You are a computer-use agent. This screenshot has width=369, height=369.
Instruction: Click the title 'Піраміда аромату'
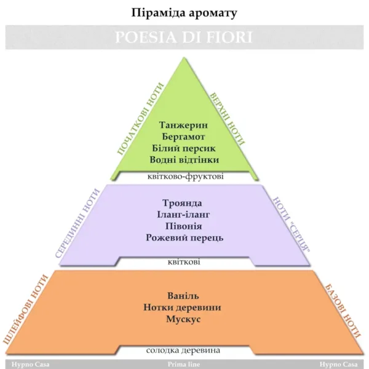184,12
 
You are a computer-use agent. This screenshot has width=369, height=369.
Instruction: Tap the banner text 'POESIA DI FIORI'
184,37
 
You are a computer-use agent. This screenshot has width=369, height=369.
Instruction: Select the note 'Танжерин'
184,124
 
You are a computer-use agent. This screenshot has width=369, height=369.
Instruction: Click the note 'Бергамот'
184,136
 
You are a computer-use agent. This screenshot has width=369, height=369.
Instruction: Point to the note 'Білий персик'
184,148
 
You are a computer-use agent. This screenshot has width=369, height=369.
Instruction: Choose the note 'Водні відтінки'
184,160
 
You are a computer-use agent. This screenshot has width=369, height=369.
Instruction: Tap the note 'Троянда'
184,203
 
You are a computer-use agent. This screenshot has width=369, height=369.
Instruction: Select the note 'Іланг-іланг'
184,215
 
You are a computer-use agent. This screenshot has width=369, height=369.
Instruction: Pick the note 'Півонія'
184,226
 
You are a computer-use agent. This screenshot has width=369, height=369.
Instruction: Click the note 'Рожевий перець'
184,238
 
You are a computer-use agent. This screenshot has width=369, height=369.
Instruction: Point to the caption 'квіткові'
184,263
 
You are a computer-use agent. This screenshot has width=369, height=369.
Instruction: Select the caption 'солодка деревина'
183,351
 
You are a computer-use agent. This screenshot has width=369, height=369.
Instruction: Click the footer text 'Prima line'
184,364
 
